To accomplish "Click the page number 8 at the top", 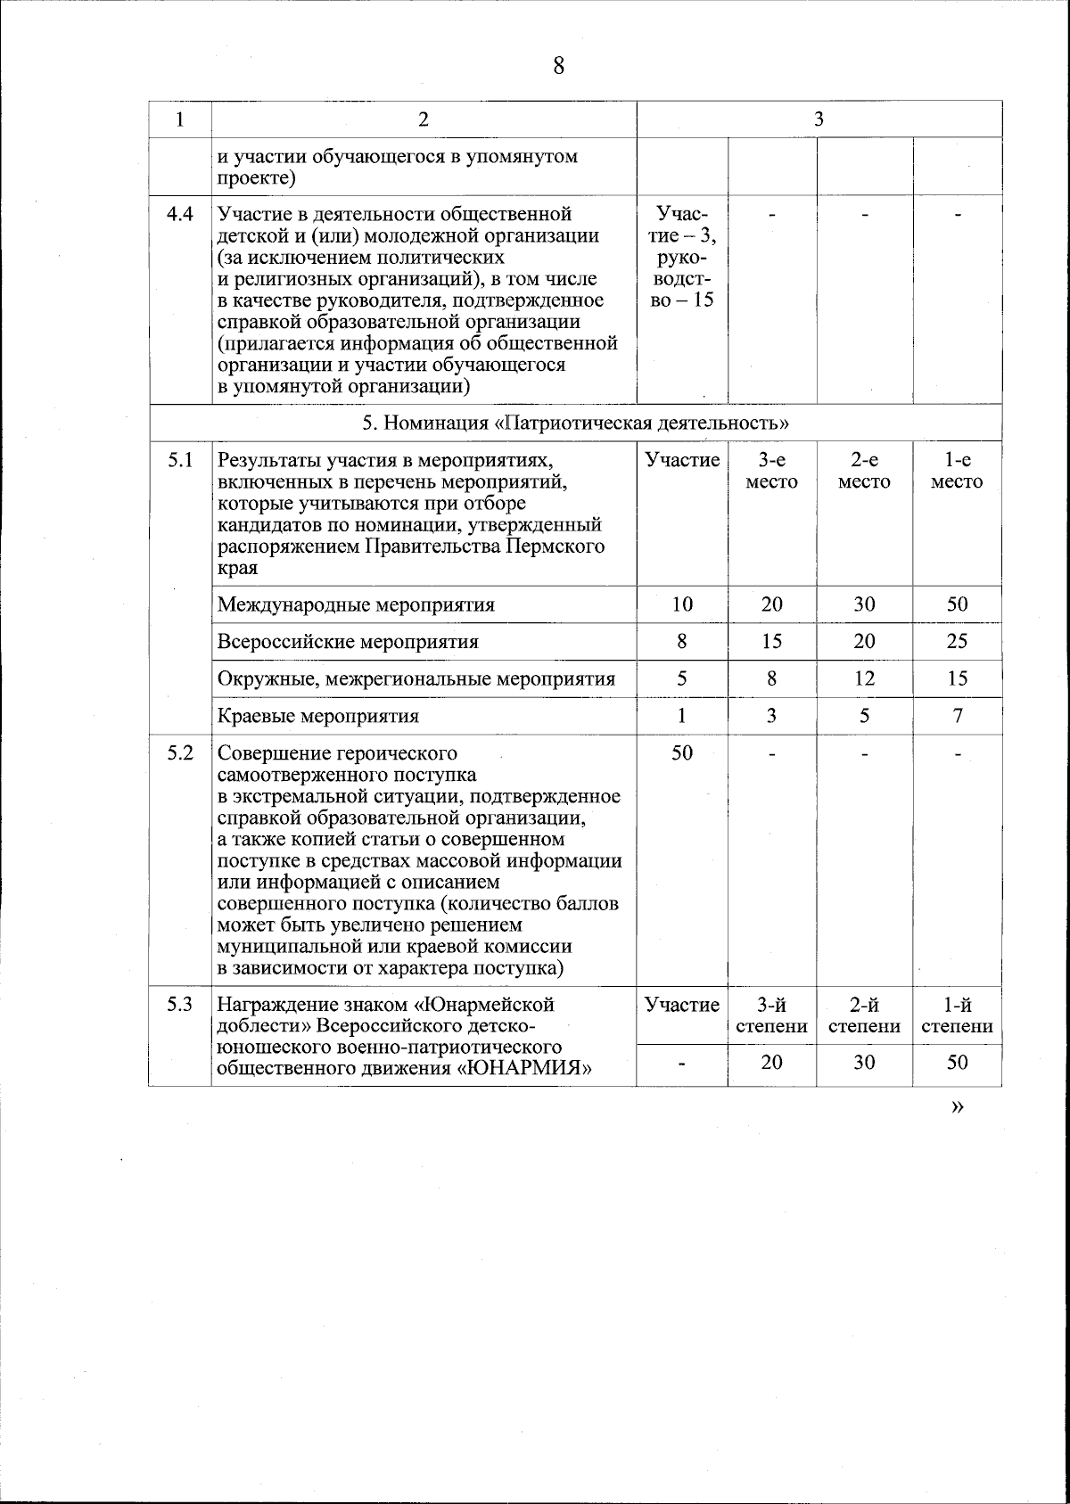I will pyautogui.click(x=558, y=67).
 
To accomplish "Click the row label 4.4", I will pyautogui.click(x=180, y=214).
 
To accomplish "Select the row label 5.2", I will pyautogui.click(x=180, y=752).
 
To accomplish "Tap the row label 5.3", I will pyautogui.click(x=180, y=1005).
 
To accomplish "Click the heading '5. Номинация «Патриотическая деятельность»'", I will pyautogui.click(x=575, y=423).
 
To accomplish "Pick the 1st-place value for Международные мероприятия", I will pyautogui.click(x=957, y=604).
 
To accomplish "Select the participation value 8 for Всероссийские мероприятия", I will pyautogui.click(x=682, y=642).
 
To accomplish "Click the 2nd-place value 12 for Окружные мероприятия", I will pyautogui.click(x=864, y=678).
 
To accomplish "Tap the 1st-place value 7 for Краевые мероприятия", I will pyautogui.click(x=957, y=716).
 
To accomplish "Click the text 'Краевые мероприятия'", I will pyautogui.click(x=318, y=716).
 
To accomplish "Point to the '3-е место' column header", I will pyautogui.click(x=771, y=471).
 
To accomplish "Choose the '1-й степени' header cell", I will pyautogui.click(x=957, y=1015).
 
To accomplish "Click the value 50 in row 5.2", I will pyautogui.click(x=682, y=752).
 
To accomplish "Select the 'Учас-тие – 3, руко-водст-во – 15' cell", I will pyautogui.click(x=682, y=257).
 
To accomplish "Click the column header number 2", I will pyautogui.click(x=424, y=119).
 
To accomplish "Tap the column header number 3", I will pyautogui.click(x=819, y=119).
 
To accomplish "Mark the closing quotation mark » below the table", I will pyautogui.click(x=958, y=1106).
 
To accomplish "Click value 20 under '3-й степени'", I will pyautogui.click(x=771, y=1063).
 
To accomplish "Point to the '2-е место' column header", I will pyautogui.click(x=864, y=471).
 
